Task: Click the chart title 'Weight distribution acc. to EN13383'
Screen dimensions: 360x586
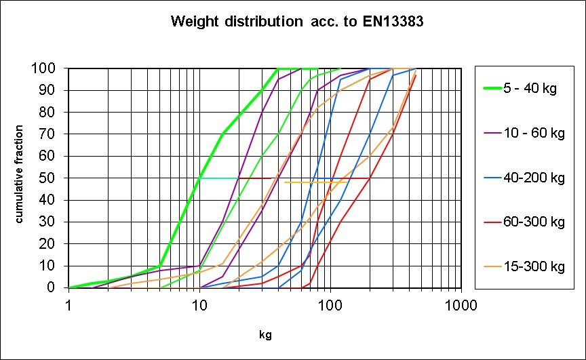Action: [x=298, y=22]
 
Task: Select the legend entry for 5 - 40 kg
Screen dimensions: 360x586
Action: [x=530, y=89]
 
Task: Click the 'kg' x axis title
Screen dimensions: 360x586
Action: [x=265, y=335]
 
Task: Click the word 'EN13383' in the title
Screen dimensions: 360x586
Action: [x=394, y=22]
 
